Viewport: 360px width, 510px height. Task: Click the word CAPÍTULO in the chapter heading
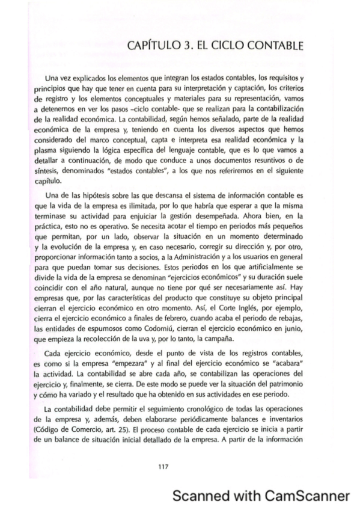[x=156, y=46]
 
